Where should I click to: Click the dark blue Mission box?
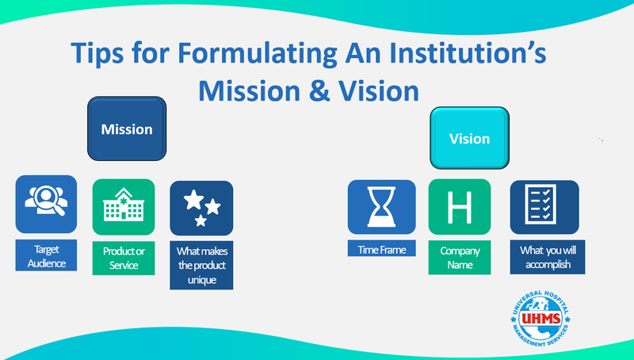[126, 128]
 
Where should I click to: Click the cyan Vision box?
[469, 139]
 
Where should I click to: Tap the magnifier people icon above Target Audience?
[46, 204]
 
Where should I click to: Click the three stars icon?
[201, 208]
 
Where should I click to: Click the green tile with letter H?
[459, 207]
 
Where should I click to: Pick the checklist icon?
[543, 207]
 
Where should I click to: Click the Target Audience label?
[46, 255]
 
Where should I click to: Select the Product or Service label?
[123, 259]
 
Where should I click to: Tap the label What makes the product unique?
[201, 265]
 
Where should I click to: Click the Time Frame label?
[381, 250]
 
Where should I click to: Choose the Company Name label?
[460, 257]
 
